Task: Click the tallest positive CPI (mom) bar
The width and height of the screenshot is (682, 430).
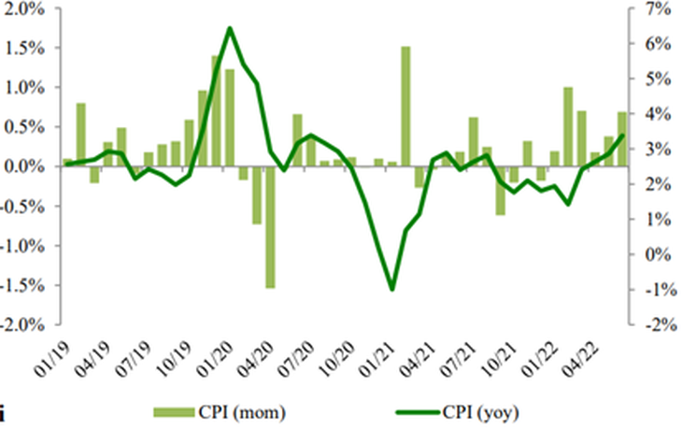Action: pos(405,107)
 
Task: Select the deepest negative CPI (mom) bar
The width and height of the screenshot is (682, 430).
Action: pos(270,227)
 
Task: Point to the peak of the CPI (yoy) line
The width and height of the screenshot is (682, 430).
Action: pos(230,29)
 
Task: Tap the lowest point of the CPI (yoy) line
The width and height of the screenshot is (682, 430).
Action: pos(391,289)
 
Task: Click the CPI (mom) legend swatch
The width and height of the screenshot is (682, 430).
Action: pos(174,412)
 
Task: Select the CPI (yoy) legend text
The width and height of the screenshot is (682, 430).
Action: pos(480,412)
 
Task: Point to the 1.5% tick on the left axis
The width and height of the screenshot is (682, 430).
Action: pos(58,48)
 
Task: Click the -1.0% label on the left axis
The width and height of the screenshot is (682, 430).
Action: pos(21,246)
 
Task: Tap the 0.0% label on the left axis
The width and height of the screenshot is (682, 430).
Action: pos(24,166)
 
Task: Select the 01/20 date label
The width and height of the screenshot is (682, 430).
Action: pos(215,358)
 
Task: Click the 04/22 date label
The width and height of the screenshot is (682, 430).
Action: pos(581,358)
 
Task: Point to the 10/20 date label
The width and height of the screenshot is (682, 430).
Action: pos(336,358)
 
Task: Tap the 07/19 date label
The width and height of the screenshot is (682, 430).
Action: pos(133,358)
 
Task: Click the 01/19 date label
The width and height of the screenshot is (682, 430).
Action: pos(51,358)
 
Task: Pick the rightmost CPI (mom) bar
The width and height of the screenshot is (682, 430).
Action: pos(622,139)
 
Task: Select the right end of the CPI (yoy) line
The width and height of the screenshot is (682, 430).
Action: pos(622,136)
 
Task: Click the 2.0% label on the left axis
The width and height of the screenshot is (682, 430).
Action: pos(24,8)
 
